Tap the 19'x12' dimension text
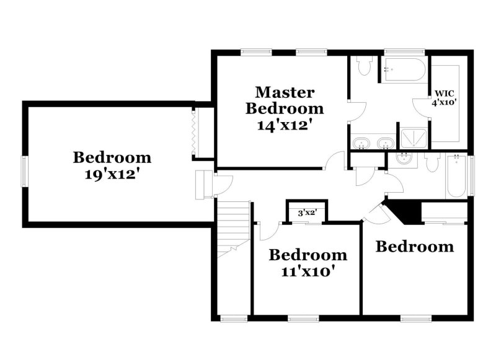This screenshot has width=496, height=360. click(x=111, y=174)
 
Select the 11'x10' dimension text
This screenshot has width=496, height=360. click(x=306, y=271)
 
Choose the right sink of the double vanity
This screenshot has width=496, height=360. click(x=386, y=144)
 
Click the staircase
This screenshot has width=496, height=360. click(x=233, y=229)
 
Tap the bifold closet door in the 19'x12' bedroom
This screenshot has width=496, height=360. click(x=194, y=131)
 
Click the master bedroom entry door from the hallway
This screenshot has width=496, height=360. click(x=337, y=162)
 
